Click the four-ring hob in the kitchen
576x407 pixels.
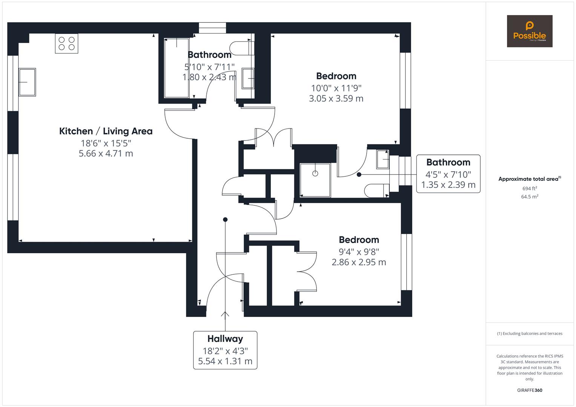[x=66, y=43]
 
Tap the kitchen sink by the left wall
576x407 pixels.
[x=27, y=82]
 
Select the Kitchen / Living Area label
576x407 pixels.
[x=106, y=131]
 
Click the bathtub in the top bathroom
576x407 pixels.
[x=177, y=68]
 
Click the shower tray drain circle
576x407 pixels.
[x=315, y=174]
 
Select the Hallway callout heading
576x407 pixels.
[x=225, y=339]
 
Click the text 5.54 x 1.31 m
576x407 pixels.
[x=225, y=361]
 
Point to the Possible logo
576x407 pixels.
[x=530, y=31]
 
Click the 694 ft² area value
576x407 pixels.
[x=530, y=188]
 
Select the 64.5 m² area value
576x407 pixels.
[x=530, y=197]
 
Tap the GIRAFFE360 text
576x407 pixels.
[x=530, y=390]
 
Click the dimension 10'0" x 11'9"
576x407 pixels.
[x=336, y=88]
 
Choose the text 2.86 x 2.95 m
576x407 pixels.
[x=359, y=262]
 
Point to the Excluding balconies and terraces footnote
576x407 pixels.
[x=530, y=334]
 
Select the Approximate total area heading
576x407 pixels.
[x=530, y=179]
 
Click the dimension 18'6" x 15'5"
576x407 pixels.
[x=106, y=143]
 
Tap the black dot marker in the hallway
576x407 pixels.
[x=225, y=219]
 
